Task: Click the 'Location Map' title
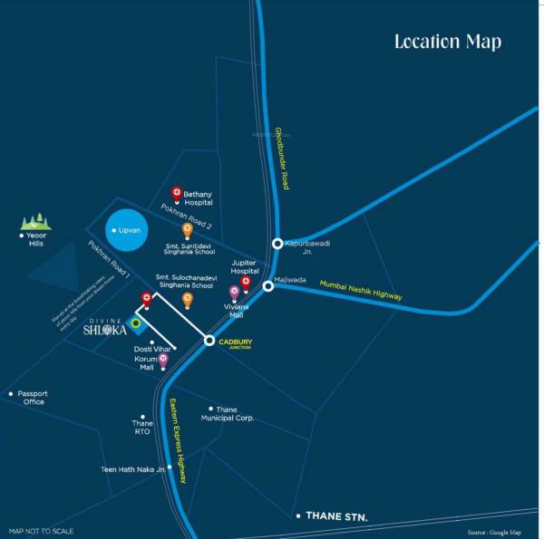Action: pyautogui.click(x=447, y=42)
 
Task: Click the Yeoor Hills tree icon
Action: pyautogui.click(x=36, y=222)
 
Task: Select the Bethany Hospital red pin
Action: pyautogui.click(x=177, y=194)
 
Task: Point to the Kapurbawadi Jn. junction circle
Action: pyautogui.click(x=278, y=244)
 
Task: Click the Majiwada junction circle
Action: pyautogui.click(x=268, y=286)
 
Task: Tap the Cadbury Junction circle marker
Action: pyautogui.click(x=209, y=341)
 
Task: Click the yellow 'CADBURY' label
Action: pyautogui.click(x=235, y=342)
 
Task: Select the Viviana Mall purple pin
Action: pyautogui.click(x=234, y=293)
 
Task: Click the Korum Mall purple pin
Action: pyautogui.click(x=163, y=361)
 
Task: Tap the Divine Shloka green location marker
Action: pyautogui.click(x=135, y=322)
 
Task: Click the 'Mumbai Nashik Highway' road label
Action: pyautogui.click(x=361, y=290)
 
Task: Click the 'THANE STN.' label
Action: pyautogui.click(x=336, y=516)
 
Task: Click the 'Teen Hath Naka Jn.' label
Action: pyautogui.click(x=133, y=469)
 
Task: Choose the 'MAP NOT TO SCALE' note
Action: pyautogui.click(x=42, y=531)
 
